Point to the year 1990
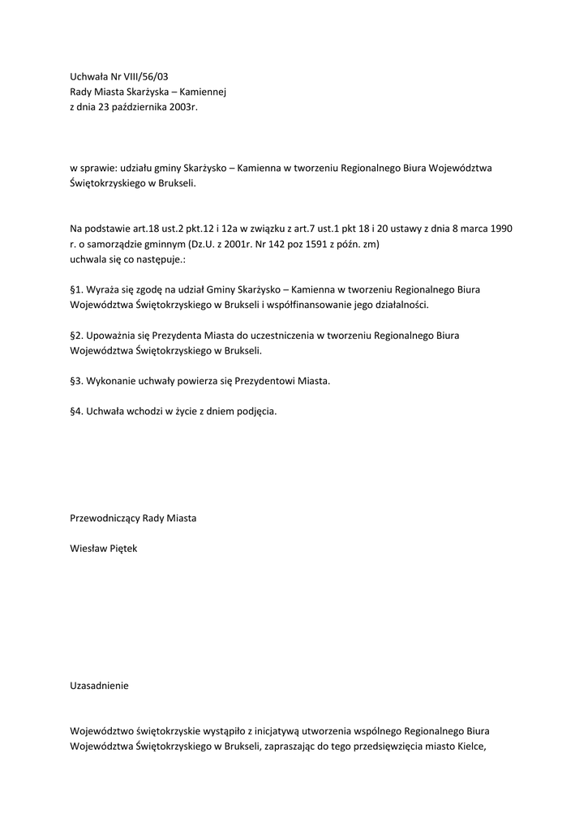click(x=501, y=228)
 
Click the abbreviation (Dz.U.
click(x=203, y=243)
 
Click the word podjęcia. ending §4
click(x=255, y=411)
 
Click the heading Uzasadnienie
click(x=100, y=685)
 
